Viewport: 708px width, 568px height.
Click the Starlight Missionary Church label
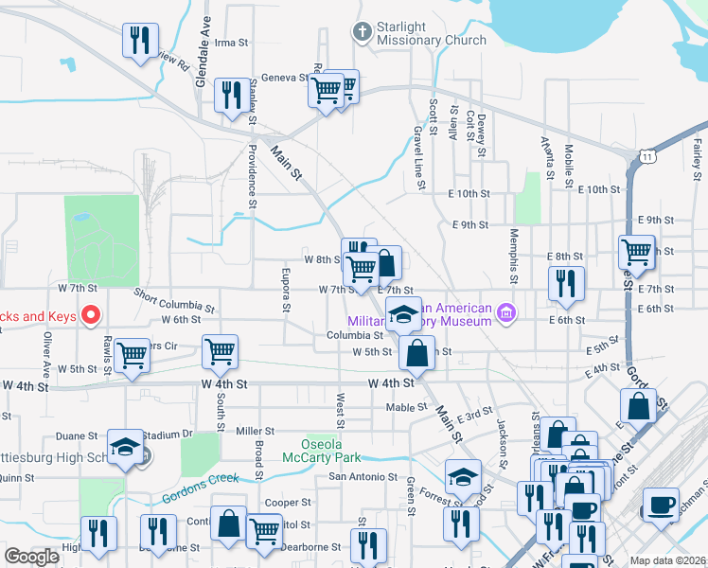[432, 33]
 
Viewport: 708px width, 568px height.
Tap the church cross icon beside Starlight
[361, 32]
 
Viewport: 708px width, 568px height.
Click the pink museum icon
[507, 311]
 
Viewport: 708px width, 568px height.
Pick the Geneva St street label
[278, 79]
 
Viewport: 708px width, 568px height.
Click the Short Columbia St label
[174, 300]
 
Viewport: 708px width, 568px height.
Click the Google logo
[32, 556]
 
